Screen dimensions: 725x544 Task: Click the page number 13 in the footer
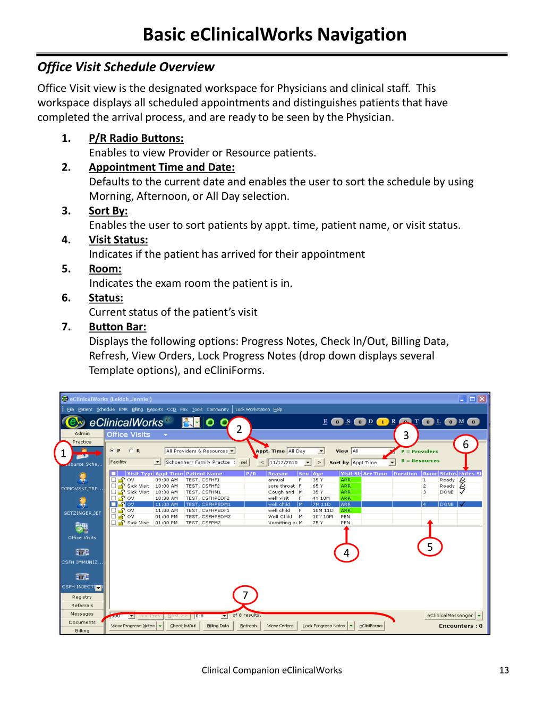pos(504,670)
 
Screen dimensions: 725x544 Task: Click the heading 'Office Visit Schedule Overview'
pos(126,67)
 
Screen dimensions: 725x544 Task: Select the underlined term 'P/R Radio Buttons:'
pos(136,139)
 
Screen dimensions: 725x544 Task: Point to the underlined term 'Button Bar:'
pos(117,327)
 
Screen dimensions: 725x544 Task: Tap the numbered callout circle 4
pos(346,553)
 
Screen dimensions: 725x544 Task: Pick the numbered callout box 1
pos(64,454)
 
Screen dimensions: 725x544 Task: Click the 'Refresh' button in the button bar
pos(248,626)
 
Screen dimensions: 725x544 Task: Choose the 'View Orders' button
pos(280,626)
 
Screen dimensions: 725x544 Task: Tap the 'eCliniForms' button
pos(371,626)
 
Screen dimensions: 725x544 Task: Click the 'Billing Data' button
pos(218,626)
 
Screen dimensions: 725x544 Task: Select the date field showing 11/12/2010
pos(290,463)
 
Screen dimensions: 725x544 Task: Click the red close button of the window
pos(482,399)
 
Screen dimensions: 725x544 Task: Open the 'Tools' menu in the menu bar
pos(197,410)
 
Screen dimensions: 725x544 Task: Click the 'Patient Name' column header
pos(205,473)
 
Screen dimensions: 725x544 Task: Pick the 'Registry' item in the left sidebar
pos(82,597)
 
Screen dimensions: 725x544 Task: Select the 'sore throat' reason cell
pos(281,486)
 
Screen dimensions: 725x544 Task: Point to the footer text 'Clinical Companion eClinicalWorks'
pos(271,670)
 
